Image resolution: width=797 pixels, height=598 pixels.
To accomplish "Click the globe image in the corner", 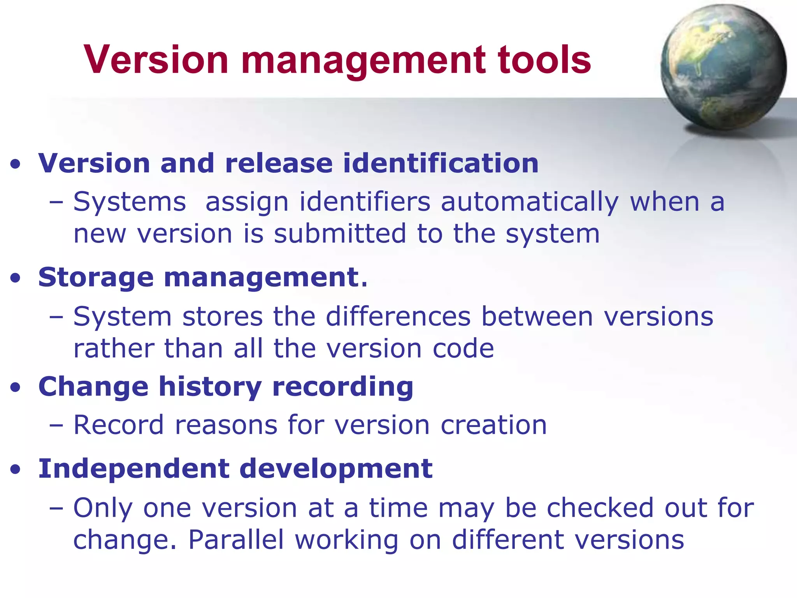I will click(x=723, y=67).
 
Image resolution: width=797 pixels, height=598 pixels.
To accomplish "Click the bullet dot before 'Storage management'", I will click(x=15, y=278).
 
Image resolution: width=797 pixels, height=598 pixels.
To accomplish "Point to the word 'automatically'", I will click(x=529, y=202).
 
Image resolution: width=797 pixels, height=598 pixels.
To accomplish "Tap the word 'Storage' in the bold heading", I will click(x=96, y=278).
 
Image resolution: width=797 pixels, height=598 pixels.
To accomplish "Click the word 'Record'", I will click(x=119, y=425).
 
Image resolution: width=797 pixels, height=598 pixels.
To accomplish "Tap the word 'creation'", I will click(x=493, y=425).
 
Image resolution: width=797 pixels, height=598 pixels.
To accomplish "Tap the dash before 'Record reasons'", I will click(x=56, y=426).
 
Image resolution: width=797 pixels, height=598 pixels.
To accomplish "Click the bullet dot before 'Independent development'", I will click(x=15, y=470).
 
